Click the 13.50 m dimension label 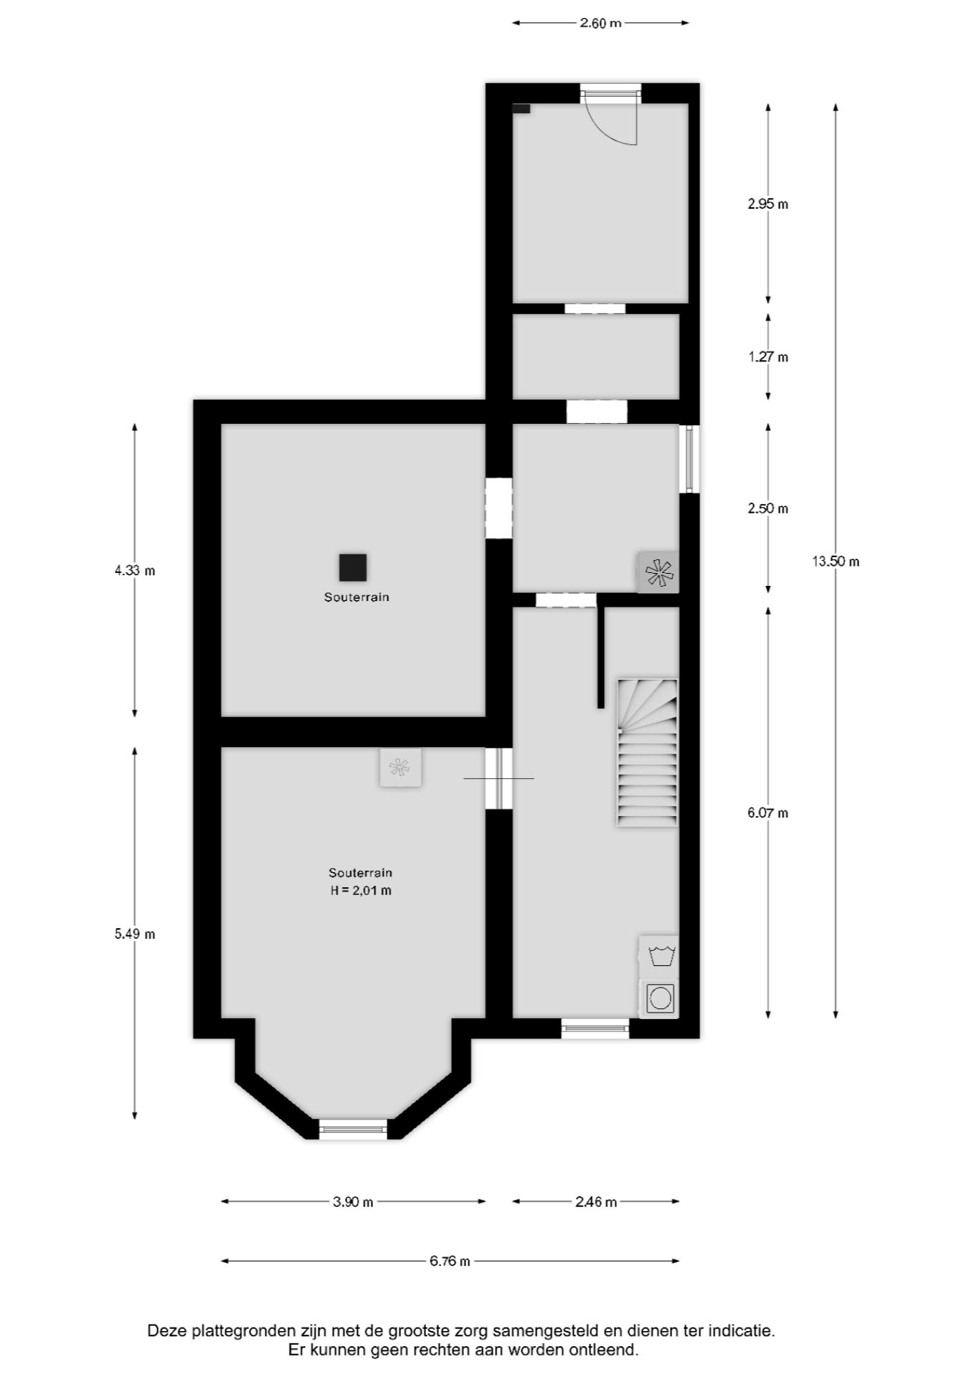836,562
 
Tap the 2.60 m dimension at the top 600,23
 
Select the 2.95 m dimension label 767,204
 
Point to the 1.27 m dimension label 767,356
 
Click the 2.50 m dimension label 767,508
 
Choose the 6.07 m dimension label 767,813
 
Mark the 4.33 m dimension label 135,571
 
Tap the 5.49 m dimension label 135,934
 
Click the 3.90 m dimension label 353,1202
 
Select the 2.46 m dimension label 596,1202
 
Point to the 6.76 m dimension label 450,1261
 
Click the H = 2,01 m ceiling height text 360,891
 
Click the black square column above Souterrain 353,567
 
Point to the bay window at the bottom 353,1129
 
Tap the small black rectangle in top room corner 521,108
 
